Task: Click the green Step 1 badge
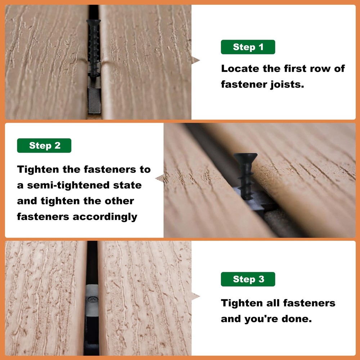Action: tap(248, 47)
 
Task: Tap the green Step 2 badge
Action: tap(44, 145)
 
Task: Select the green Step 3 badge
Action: tap(248, 279)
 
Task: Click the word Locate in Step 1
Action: tap(240, 69)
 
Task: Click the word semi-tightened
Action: tap(68, 185)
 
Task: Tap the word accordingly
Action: tap(105, 217)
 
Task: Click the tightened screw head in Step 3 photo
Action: tap(92, 300)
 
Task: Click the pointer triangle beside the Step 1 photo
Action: tap(195, 60)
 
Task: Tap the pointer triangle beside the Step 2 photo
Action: tap(159, 179)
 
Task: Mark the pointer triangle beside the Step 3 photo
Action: tap(195, 296)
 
